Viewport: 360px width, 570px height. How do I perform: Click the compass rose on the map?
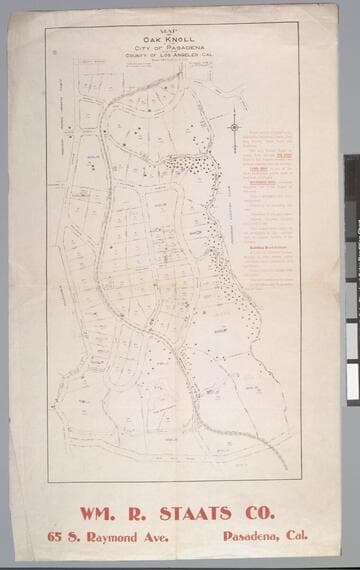click(234, 126)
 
